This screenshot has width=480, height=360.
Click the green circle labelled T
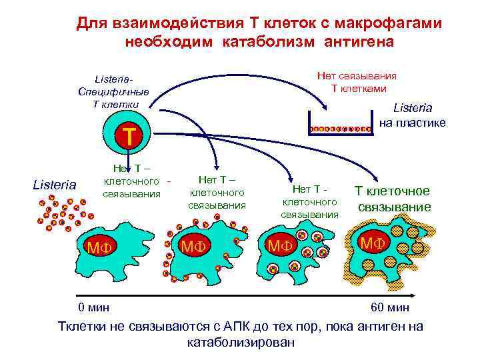pos(129,137)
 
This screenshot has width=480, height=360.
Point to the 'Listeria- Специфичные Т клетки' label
pos(113,91)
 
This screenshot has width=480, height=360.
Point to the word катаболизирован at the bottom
pos(240,343)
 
